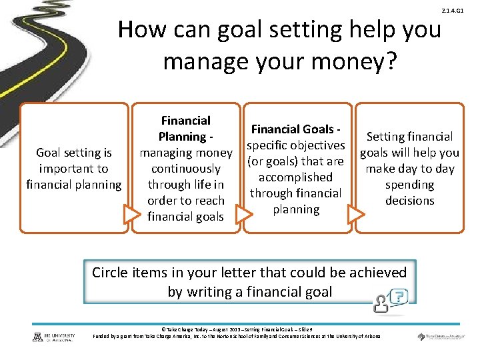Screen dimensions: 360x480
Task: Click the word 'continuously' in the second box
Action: [x=185, y=169]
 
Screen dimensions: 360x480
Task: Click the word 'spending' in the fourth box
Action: [x=409, y=185]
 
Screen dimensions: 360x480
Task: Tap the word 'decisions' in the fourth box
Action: [x=409, y=201]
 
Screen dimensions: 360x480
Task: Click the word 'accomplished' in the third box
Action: [x=295, y=177]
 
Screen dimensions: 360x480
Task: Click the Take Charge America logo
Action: [x=439, y=337]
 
